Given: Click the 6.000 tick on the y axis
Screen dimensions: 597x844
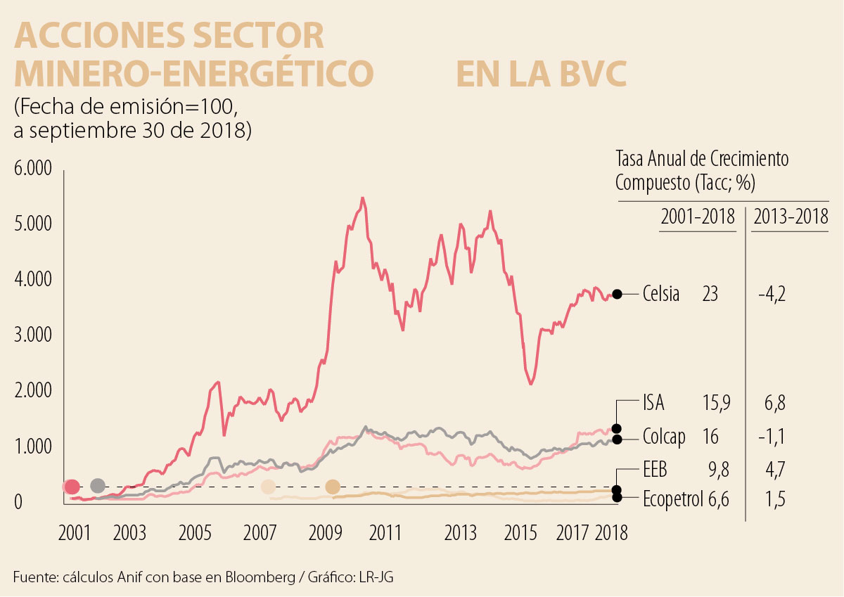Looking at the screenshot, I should point(32,169).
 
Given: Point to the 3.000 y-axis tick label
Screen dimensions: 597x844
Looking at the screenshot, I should point(32,335).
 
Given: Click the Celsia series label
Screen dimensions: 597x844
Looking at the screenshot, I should point(661,294).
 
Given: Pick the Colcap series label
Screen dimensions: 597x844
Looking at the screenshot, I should point(663,437).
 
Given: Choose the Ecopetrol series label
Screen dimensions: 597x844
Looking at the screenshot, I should point(672,499).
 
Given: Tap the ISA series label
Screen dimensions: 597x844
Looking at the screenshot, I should point(653,404).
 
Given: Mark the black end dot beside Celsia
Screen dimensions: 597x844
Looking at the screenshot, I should point(617,294).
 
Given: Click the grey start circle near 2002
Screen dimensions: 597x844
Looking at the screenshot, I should point(98,486).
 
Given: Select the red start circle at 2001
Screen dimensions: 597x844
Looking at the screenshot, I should point(71,486).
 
